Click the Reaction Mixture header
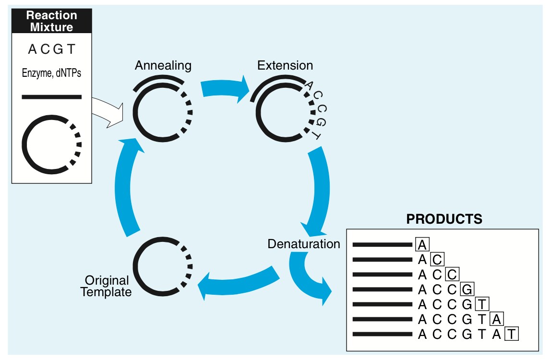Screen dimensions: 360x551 click(x=51, y=22)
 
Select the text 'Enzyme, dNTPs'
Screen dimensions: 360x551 click(x=51, y=73)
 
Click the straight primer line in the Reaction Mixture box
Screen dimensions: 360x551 click(x=51, y=97)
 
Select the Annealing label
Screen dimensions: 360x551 click(x=163, y=65)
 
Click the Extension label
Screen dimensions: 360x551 click(x=285, y=65)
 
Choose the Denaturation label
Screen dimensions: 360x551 click(x=304, y=244)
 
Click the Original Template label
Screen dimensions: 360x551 click(x=106, y=286)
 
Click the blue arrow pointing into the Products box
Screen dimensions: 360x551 click(x=307, y=278)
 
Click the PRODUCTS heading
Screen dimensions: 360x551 click(x=444, y=219)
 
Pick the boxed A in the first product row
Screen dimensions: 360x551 click(x=422, y=245)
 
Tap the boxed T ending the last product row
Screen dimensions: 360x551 click(x=512, y=335)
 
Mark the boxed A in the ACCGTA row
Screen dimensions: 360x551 click(x=497, y=320)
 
